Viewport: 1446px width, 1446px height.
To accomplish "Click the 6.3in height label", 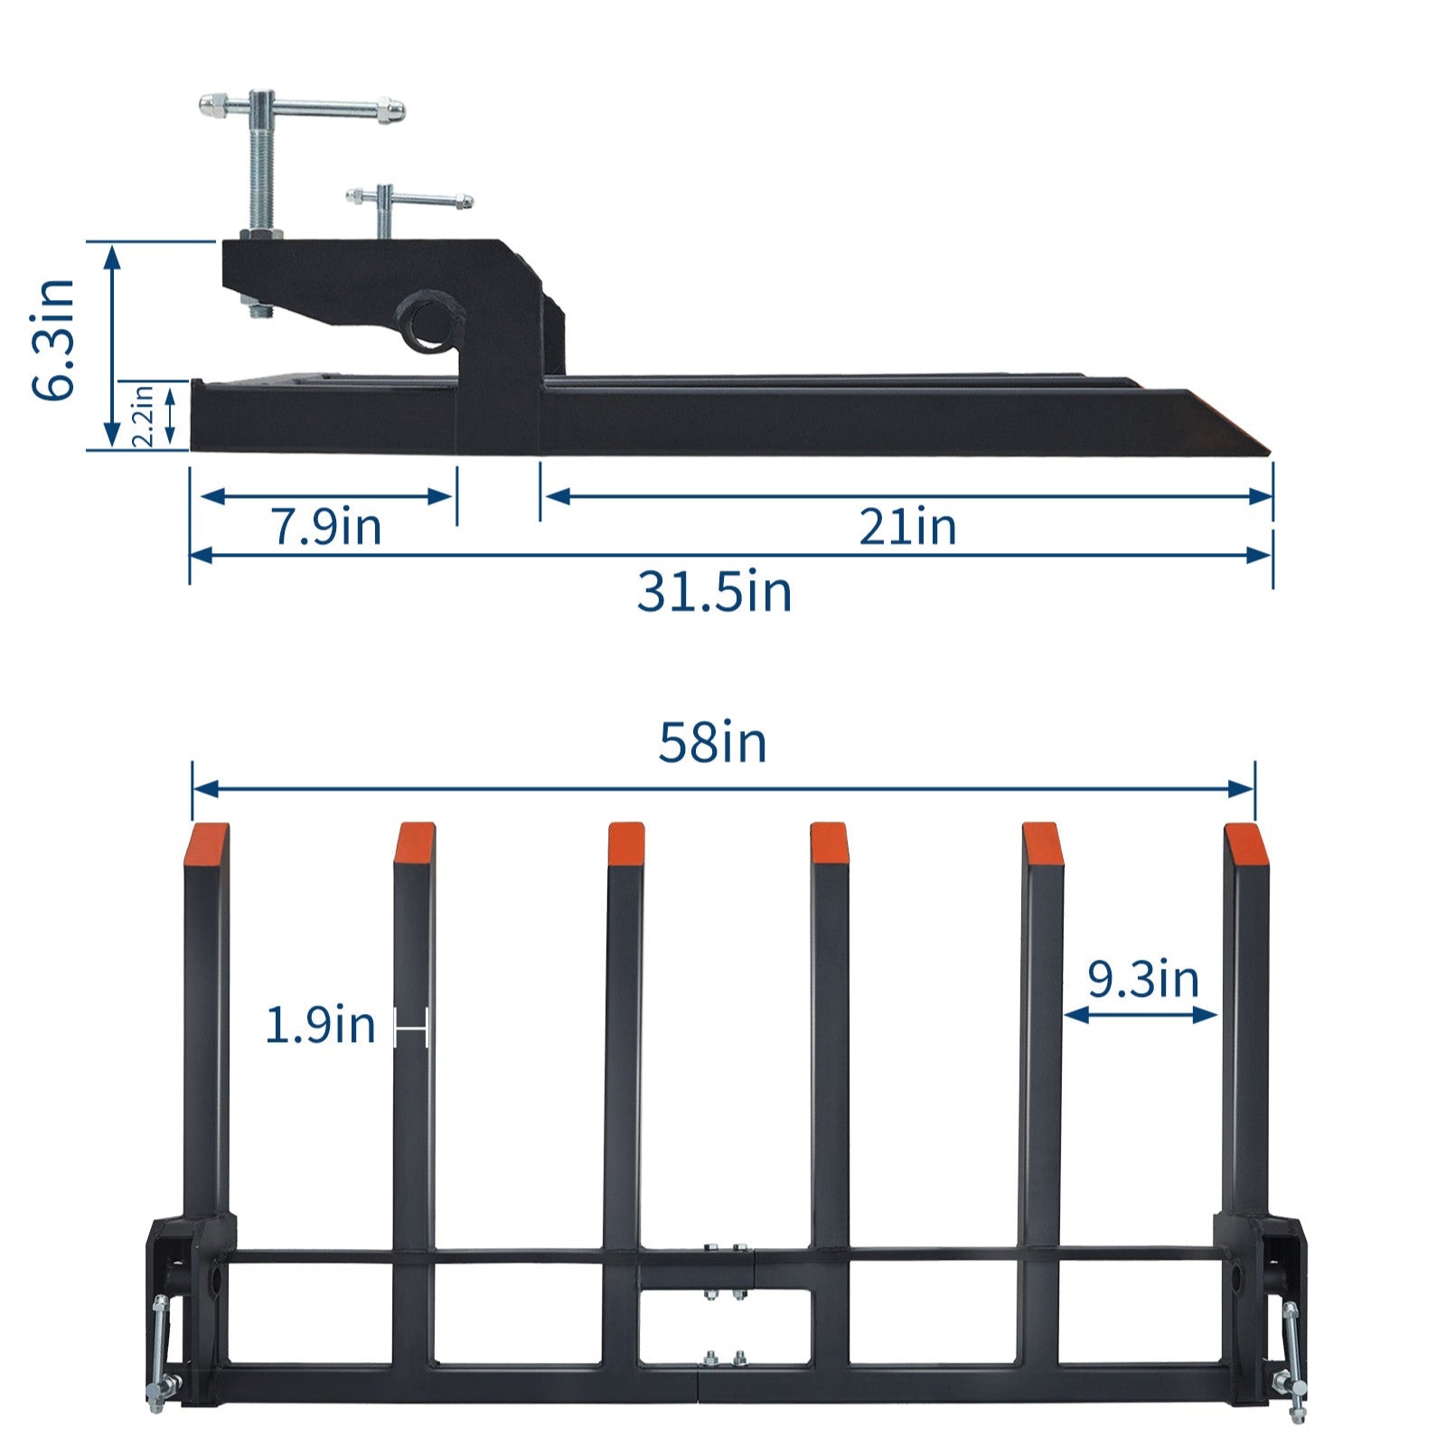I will tap(52, 340).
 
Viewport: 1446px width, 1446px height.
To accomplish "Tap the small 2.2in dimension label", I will tap(144, 415).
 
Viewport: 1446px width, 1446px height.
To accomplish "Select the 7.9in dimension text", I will tap(326, 527).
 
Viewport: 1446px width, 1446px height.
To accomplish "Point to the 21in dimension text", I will tap(906, 527).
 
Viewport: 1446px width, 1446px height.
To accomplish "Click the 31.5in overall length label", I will tap(714, 593).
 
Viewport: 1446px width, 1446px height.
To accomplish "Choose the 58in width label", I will tap(712, 743).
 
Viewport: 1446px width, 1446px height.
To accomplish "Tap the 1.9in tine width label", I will tap(320, 1026).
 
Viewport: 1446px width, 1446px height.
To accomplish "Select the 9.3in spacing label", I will tap(1142, 979).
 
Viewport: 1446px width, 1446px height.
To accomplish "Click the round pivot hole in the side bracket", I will tap(427, 323).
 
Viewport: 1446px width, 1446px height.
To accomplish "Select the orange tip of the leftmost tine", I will tap(209, 842).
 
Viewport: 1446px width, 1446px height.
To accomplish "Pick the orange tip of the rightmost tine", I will tap(1245, 844).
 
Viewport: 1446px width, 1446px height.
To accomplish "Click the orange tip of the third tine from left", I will tap(625, 843).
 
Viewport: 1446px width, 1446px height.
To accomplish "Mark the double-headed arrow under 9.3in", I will tap(1141, 1015).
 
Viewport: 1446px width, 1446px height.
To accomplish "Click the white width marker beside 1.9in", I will tap(411, 1028).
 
